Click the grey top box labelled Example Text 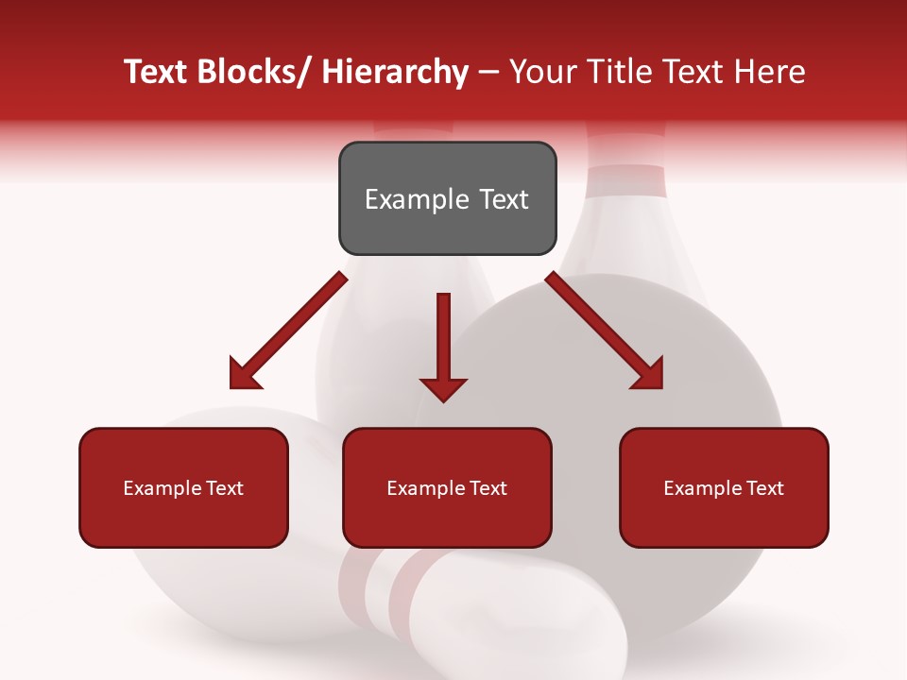(447, 198)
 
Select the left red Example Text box (183, 487)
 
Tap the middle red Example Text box (447, 487)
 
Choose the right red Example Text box (724, 487)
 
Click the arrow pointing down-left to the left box (288, 331)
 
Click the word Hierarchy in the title (395, 72)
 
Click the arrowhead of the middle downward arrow (443, 388)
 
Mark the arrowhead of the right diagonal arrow (648, 374)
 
